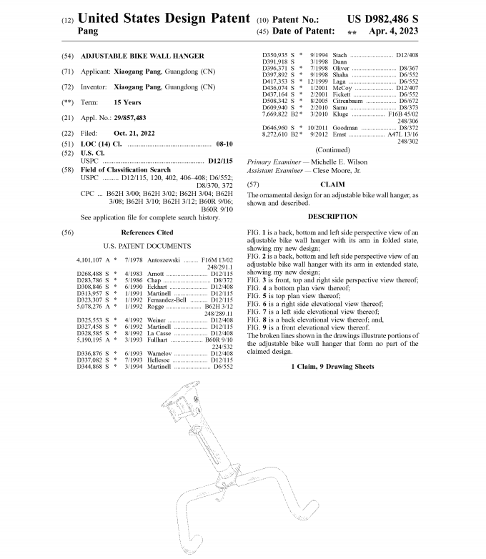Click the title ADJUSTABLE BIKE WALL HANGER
pos(142,56)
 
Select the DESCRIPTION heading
pos(332,217)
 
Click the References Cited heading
pos(147,233)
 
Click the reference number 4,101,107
pos(90,259)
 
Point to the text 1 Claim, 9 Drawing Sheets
pos(332,366)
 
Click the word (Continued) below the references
pos(332,150)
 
